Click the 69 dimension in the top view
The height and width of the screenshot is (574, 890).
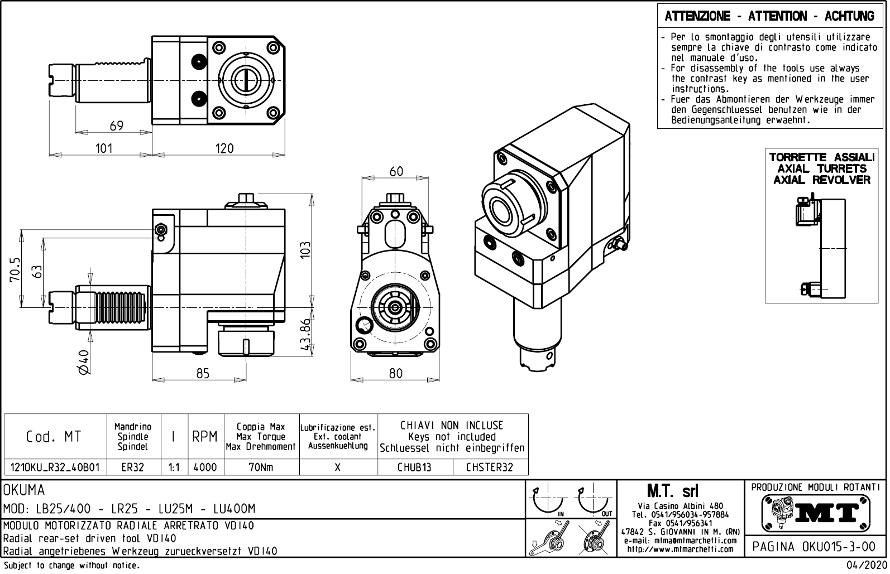pos(116,126)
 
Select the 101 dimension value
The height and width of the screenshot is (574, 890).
pos(104,148)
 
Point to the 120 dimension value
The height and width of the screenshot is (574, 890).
pos(224,148)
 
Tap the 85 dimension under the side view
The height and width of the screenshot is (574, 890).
pos(203,373)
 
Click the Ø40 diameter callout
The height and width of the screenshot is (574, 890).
pos(84,362)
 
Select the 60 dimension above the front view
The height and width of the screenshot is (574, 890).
pos(396,171)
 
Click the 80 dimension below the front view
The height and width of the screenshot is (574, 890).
pos(395,373)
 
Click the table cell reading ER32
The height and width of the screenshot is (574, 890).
pos(133,467)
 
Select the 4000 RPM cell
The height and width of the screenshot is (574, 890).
pos(205,467)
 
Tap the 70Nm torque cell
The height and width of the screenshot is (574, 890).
pos(261,467)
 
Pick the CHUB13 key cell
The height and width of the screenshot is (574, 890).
pos(414,467)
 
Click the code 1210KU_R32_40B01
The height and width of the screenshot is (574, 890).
pos(55,467)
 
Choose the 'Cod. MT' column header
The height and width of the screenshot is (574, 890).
pos(54,437)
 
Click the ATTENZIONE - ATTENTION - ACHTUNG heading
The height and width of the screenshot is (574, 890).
pos(769,16)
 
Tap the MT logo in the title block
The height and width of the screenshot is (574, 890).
pos(816,512)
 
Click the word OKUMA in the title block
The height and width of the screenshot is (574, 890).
pos(24,490)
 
